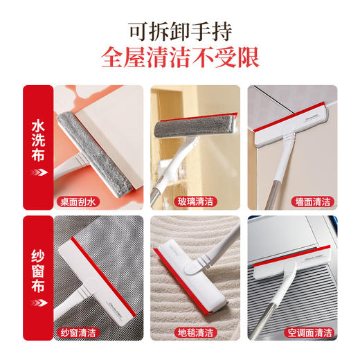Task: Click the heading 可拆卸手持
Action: point(180,31)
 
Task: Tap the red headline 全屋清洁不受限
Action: point(180,58)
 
